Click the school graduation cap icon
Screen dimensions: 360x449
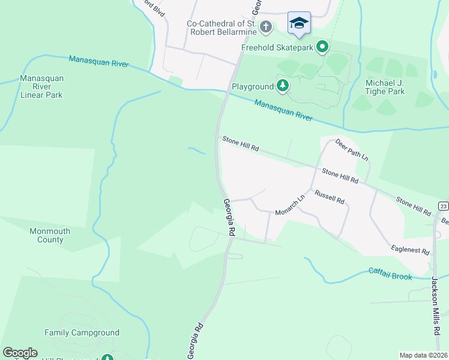pyautogui.click(x=299, y=23)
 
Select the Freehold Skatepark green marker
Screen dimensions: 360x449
pyautogui.click(x=323, y=46)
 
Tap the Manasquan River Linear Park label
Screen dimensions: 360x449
pyautogui.click(x=41, y=86)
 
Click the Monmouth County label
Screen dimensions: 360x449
pyautogui.click(x=50, y=235)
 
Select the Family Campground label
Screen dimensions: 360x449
pyautogui.click(x=82, y=332)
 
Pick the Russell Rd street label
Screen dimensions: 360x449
pyautogui.click(x=330, y=197)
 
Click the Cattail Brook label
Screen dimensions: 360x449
pyautogui.click(x=390, y=273)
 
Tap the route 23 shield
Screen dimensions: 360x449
pyautogui.click(x=443, y=206)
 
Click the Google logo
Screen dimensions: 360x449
pyautogui.click(x=20, y=353)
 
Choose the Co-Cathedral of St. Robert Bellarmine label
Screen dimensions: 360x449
pyautogui.click(x=222, y=28)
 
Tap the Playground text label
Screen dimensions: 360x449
pyautogui.click(x=253, y=87)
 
